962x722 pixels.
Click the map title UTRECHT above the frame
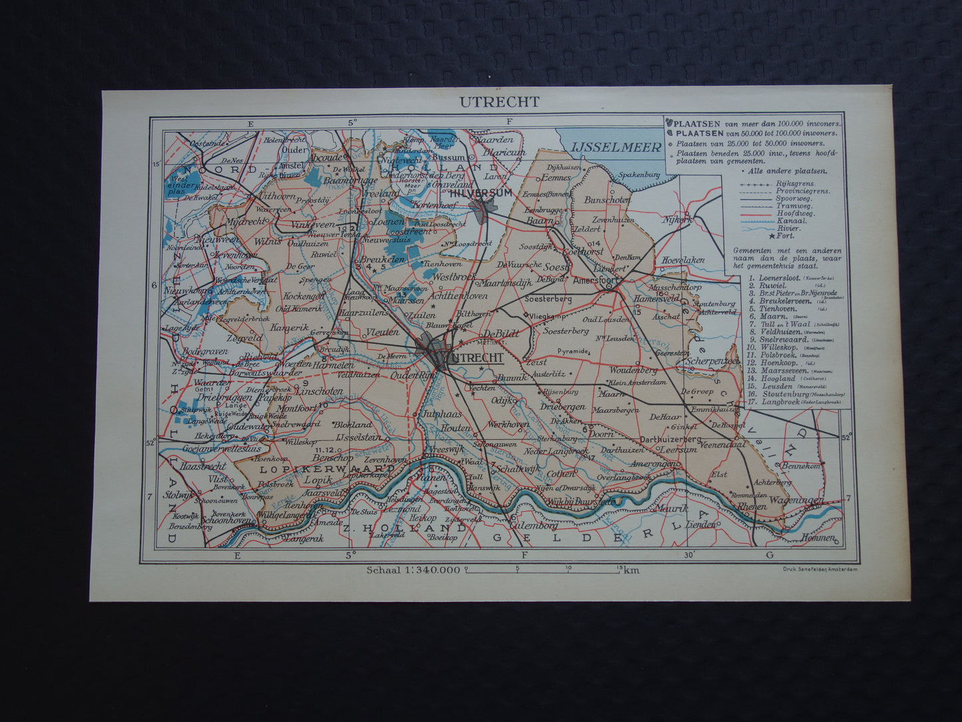[x=499, y=102]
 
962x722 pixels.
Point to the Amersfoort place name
[x=597, y=281]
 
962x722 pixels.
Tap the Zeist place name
[x=536, y=362]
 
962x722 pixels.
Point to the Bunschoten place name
[x=606, y=200]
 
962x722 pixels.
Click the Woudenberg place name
[x=632, y=370]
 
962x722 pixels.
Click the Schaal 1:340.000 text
[x=413, y=569]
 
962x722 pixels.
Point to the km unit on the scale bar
[x=632, y=569]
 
